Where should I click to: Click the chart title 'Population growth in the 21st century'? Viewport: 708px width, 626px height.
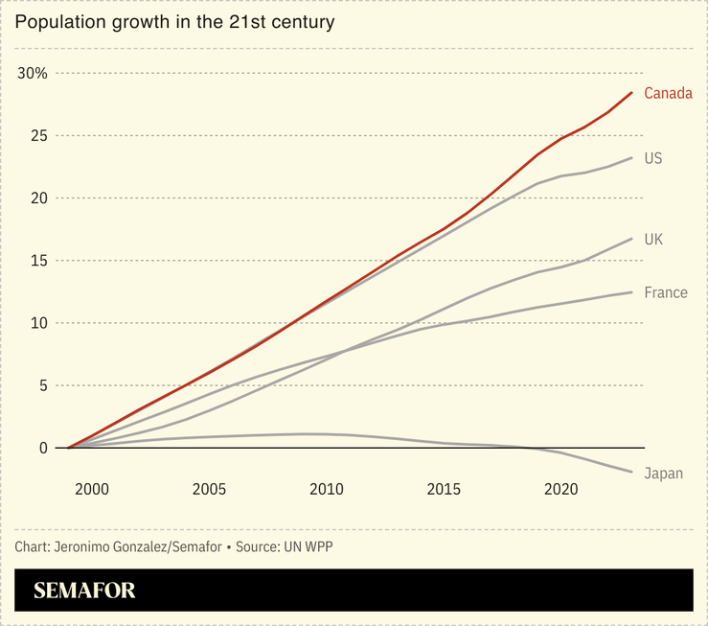click(174, 22)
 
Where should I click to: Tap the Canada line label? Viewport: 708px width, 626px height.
click(668, 93)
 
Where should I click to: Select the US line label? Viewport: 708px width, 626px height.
click(653, 158)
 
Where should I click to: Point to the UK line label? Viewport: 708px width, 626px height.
click(653, 239)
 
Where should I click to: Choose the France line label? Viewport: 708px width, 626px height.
click(666, 292)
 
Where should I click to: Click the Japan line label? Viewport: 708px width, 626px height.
click(663, 474)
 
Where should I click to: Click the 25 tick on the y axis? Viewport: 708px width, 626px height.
click(38, 136)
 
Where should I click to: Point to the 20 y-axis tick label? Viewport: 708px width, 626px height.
click(38, 198)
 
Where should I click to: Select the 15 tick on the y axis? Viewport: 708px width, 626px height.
click(38, 261)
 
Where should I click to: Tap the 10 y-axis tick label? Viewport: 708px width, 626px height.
click(38, 323)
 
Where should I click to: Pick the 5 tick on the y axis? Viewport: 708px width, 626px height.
click(42, 385)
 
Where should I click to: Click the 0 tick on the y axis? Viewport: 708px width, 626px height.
click(42, 448)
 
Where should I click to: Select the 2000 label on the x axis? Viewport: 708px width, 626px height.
click(92, 490)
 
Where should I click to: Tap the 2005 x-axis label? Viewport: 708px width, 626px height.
click(209, 490)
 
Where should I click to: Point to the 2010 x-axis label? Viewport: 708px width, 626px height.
click(327, 490)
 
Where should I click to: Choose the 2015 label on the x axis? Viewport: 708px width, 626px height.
click(444, 490)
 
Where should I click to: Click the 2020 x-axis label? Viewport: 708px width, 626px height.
click(560, 490)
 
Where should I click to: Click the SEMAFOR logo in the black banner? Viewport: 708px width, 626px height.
click(85, 591)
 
